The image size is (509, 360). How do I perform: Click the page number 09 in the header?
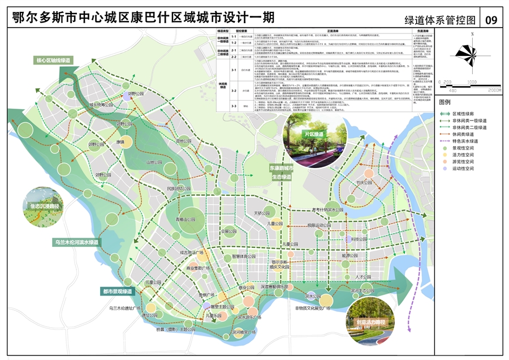[x=490, y=20]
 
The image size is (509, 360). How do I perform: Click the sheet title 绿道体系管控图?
[x=440, y=20]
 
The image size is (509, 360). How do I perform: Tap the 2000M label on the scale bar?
[x=494, y=90]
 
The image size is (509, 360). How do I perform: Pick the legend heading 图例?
[x=445, y=102]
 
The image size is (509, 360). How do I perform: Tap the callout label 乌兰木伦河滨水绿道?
[x=76, y=242]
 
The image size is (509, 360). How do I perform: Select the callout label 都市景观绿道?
[x=117, y=292]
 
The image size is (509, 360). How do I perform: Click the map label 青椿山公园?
[x=184, y=219]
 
